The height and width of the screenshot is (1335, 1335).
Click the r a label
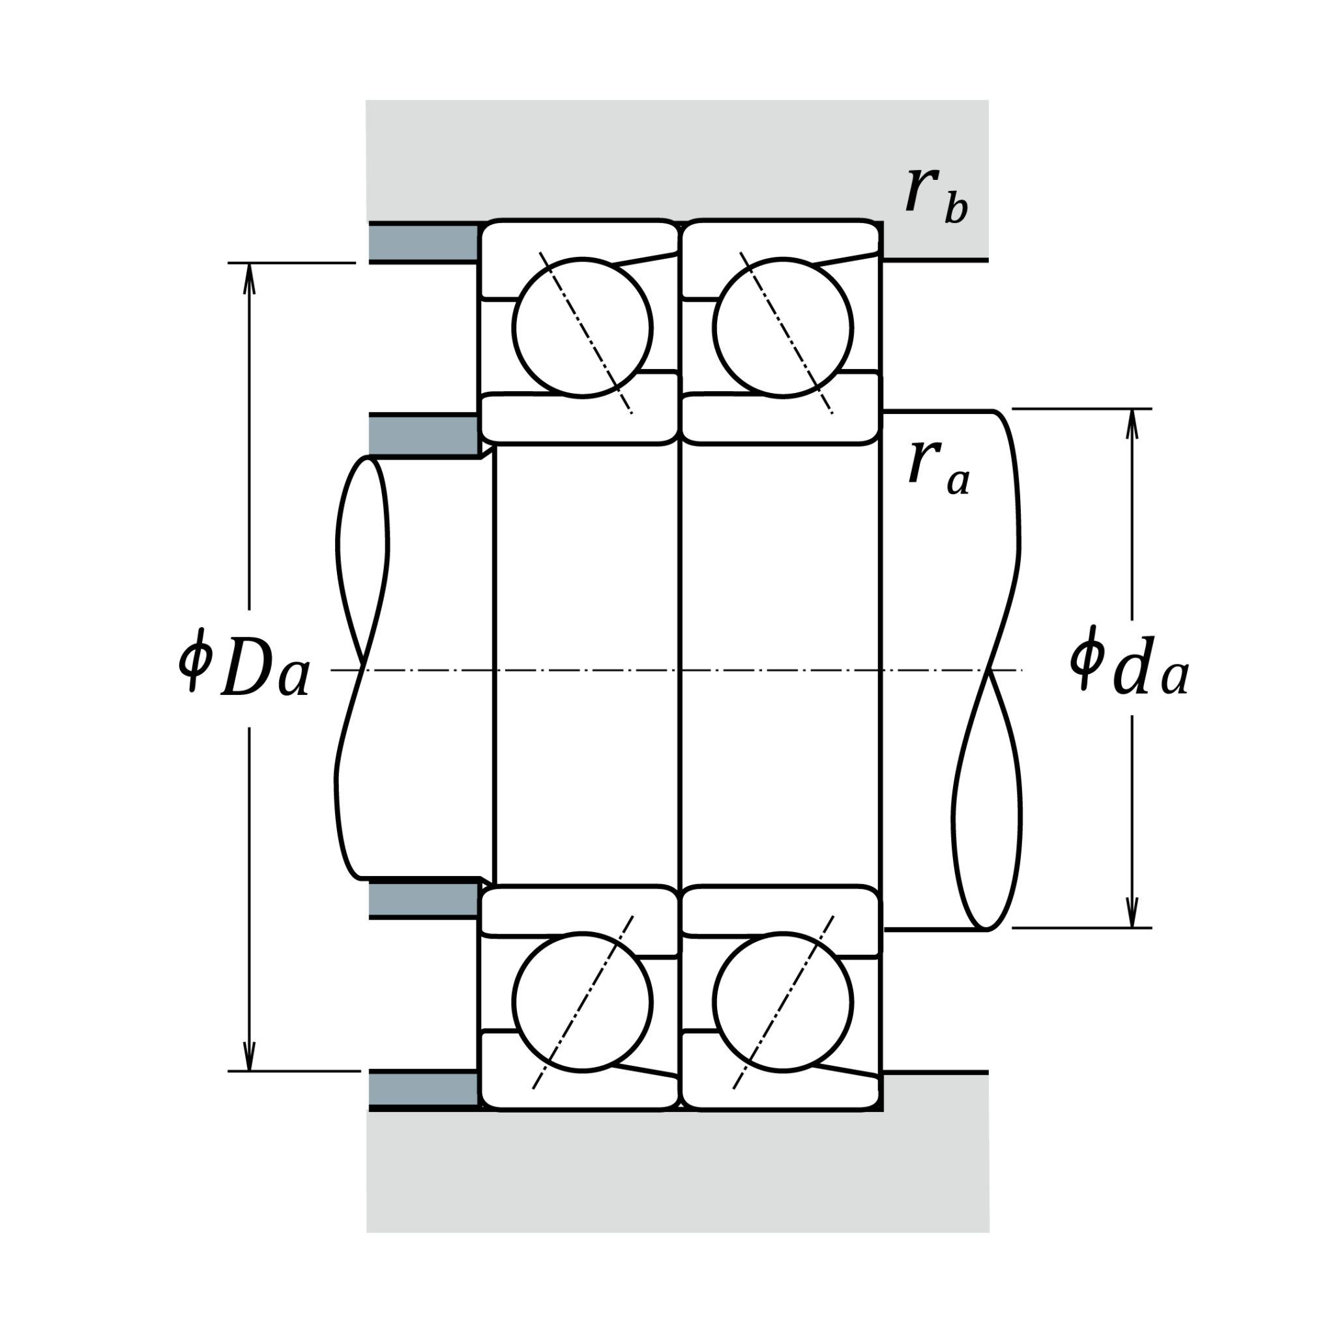pos(939,467)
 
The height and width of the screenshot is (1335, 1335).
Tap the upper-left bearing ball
pos(583,329)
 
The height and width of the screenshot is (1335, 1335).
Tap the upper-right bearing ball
pos(783,329)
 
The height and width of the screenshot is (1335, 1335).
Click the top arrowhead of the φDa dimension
pos(250,278)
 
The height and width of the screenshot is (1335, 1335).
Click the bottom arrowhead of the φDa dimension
pos(250,1055)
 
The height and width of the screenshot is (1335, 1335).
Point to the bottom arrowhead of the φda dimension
pos(1132,912)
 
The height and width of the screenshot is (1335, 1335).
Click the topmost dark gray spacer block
pos(424,242)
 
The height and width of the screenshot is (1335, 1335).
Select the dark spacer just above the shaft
pos(424,435)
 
